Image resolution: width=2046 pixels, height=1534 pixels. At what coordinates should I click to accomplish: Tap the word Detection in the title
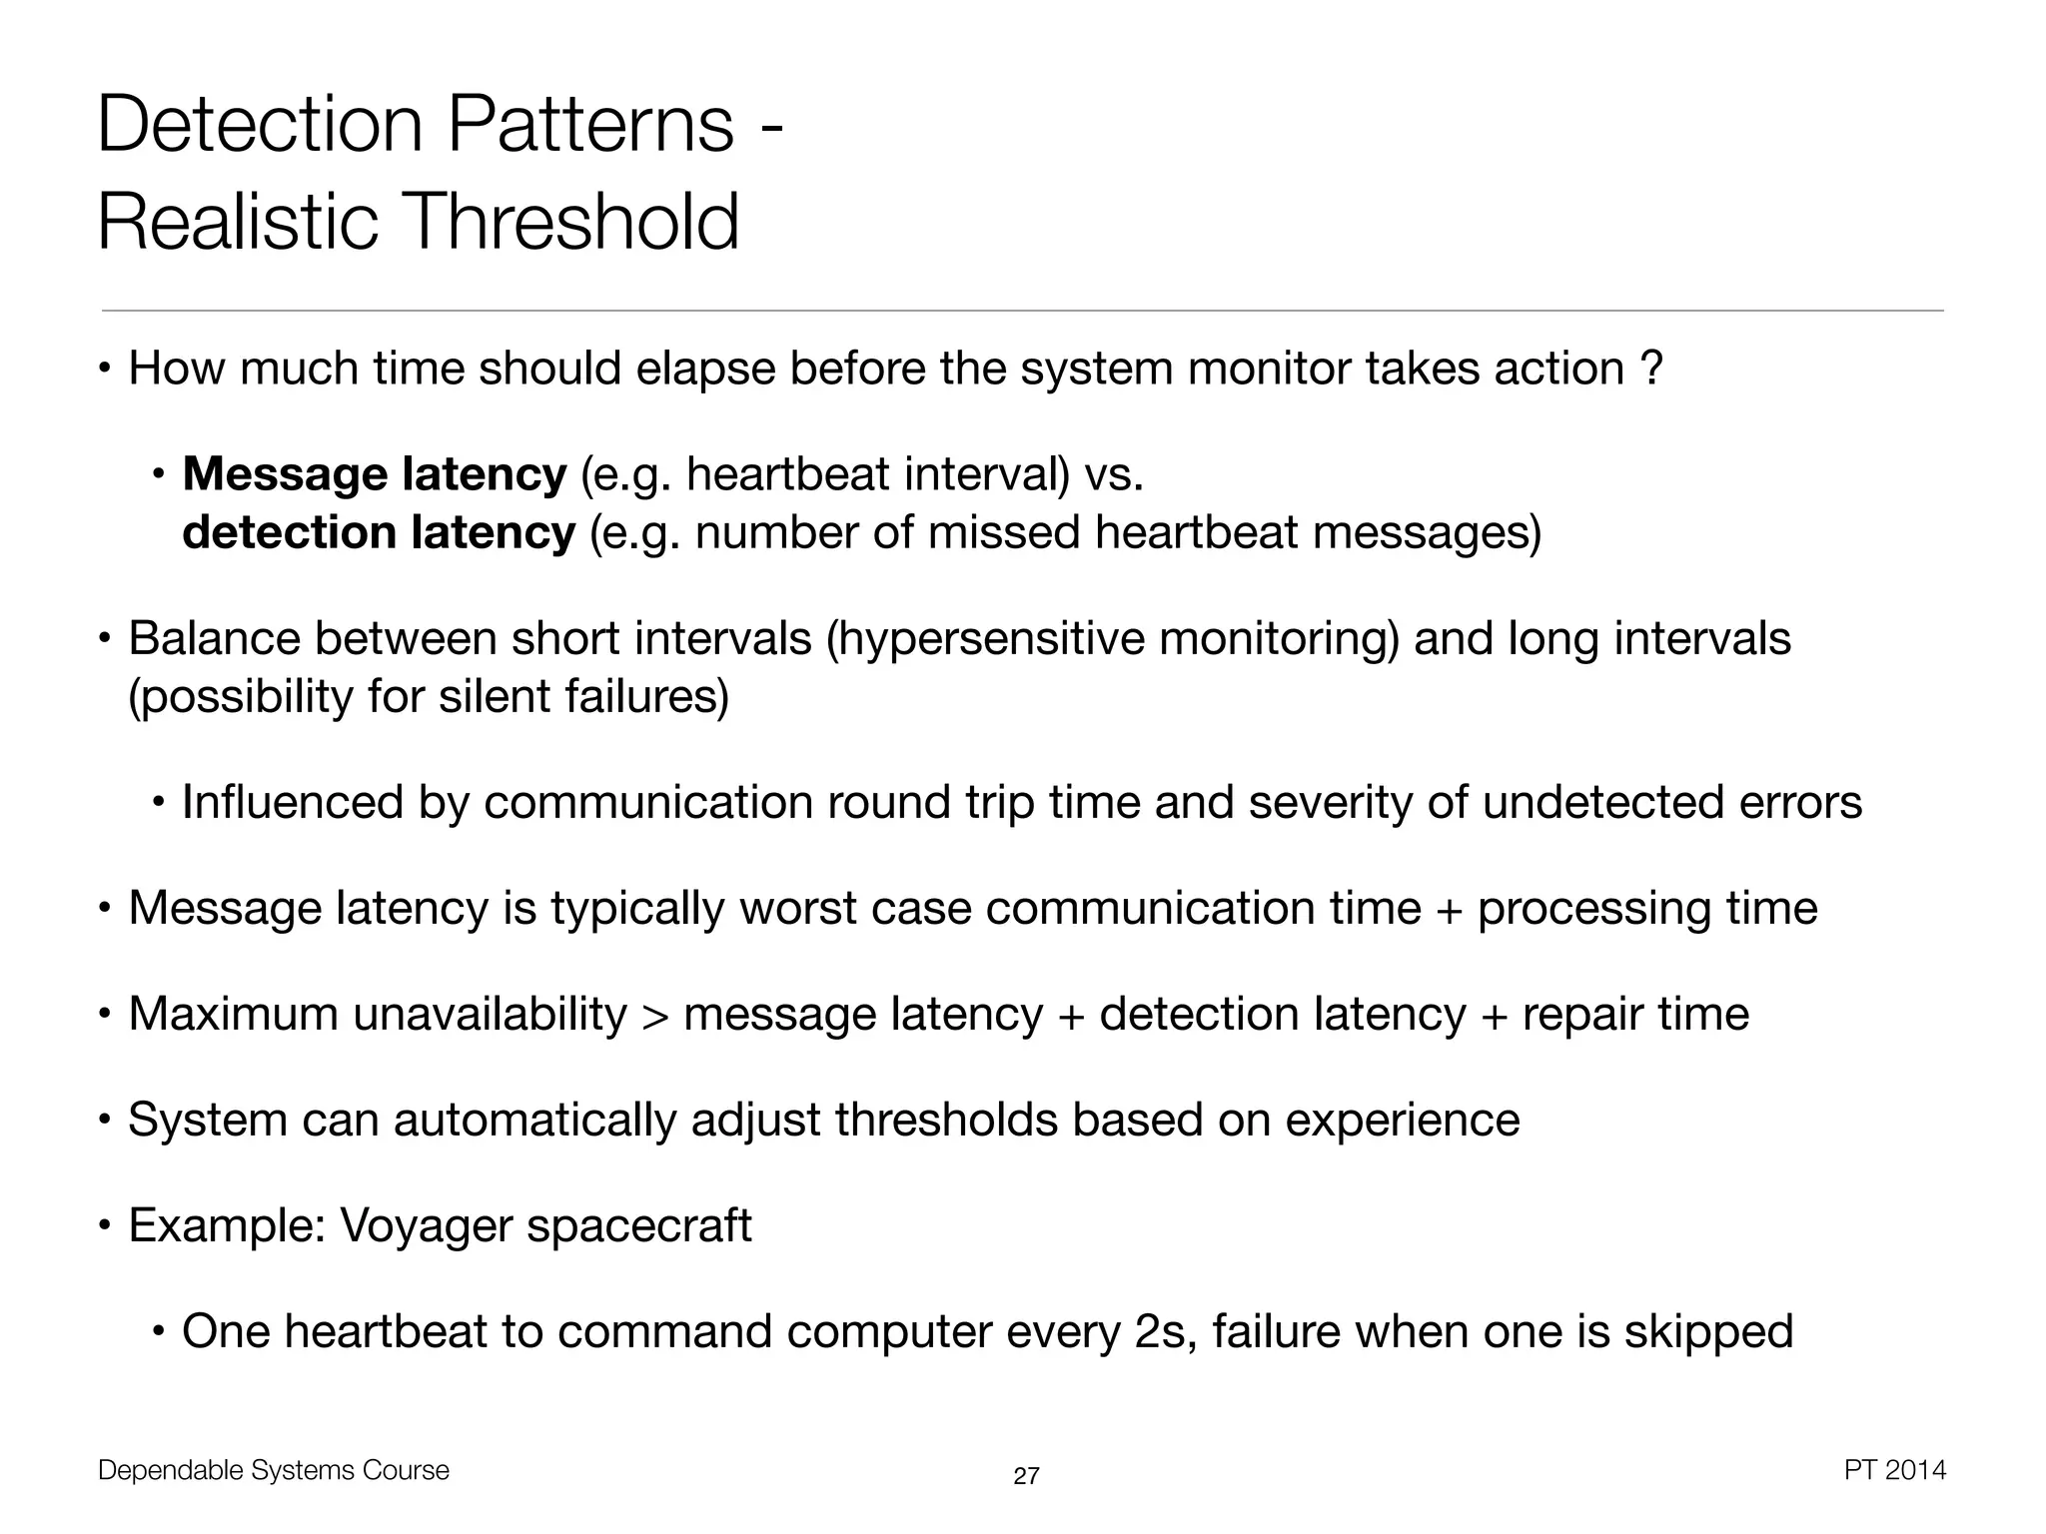coord(261,125)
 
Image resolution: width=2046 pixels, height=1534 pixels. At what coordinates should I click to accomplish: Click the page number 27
coord(1026,1476)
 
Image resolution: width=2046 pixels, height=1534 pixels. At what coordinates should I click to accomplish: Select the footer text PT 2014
coord(1894,1470)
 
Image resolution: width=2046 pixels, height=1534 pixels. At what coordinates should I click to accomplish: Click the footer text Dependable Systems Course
coord(274,1470)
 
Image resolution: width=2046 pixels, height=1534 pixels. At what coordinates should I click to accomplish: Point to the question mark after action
coord(1651,369)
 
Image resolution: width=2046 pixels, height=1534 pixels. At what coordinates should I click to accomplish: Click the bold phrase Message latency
coord(375,474)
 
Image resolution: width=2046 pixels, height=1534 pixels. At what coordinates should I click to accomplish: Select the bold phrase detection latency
coord(379,532)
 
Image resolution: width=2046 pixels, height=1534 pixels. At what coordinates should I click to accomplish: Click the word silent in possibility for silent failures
coord(495,696)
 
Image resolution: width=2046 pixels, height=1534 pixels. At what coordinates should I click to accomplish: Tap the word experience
coord(1402,1121)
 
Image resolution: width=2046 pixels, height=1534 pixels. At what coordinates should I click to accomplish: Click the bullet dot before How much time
coord(105,371)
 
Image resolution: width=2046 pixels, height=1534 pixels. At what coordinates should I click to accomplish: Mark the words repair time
coord(1635,1015)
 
